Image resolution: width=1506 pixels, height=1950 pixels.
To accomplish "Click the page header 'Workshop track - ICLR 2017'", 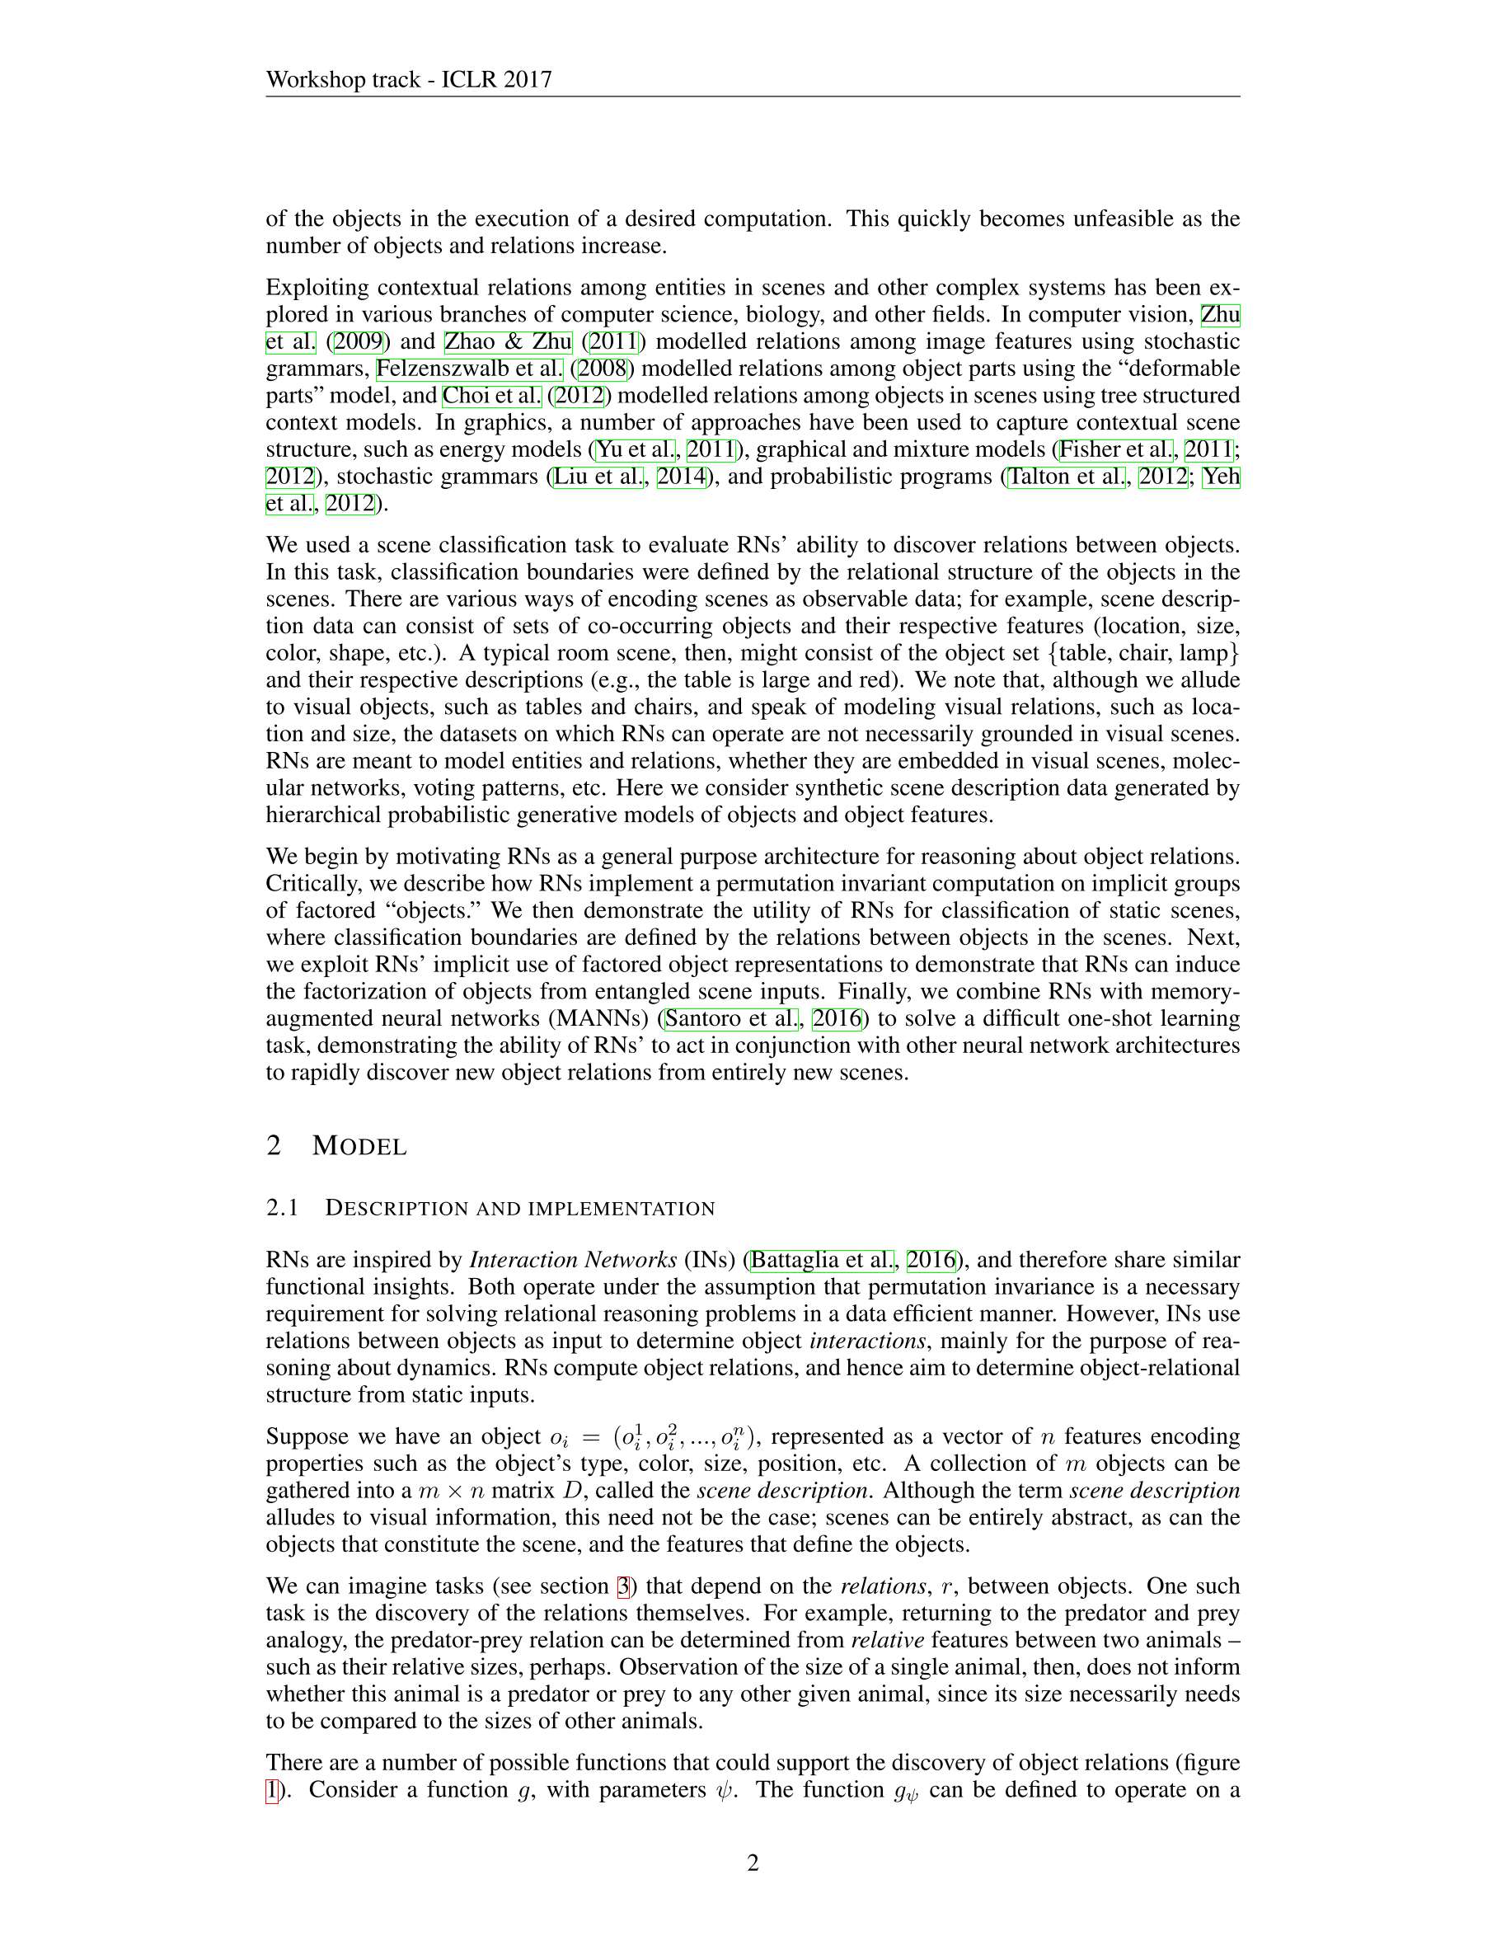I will pos(408,79).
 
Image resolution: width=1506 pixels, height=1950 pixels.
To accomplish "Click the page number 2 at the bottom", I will pos(753,1863).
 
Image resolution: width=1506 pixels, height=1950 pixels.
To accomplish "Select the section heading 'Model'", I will pos(359,1145).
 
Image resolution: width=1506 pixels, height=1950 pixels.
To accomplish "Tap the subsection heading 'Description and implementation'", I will pos(519,1208).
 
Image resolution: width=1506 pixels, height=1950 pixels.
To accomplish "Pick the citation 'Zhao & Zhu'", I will pos(508,342).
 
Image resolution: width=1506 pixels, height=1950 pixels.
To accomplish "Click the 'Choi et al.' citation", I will pos(492,396).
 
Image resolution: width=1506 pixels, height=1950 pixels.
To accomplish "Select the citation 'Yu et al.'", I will pos(635,449).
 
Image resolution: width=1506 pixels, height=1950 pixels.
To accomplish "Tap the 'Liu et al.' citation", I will pos(598,477).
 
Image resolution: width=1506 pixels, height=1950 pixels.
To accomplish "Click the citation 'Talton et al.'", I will pos(1066,477).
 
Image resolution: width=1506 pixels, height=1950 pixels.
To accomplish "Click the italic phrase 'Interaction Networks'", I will pos(573,1260).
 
